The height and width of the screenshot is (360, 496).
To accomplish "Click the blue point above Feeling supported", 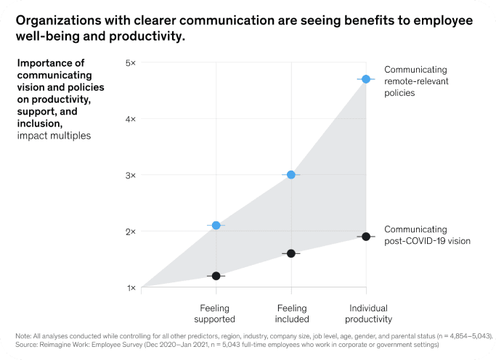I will (216, 226).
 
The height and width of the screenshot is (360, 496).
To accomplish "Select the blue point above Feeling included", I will (291, 175).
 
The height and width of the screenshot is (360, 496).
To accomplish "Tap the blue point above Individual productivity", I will (366, 79).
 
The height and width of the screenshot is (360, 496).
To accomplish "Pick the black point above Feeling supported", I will (216, 276).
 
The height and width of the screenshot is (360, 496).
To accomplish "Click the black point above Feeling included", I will (291, 253).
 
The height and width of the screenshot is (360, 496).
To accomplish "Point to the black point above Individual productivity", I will (366, 237).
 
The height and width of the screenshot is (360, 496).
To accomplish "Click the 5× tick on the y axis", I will (131, 63).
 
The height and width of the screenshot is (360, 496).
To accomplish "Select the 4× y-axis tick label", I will (131, 119).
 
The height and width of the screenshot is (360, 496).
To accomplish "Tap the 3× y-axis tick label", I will (131, 175).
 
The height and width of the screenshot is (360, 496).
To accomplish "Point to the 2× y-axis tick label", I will (131, 232).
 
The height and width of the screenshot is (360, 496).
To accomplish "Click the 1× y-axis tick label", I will (131, 287).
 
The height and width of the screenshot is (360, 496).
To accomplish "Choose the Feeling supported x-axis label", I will (216, 313).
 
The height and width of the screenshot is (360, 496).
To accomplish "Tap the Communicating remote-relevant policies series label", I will (416, 81).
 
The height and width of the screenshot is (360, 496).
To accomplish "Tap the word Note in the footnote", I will (23, 335).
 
